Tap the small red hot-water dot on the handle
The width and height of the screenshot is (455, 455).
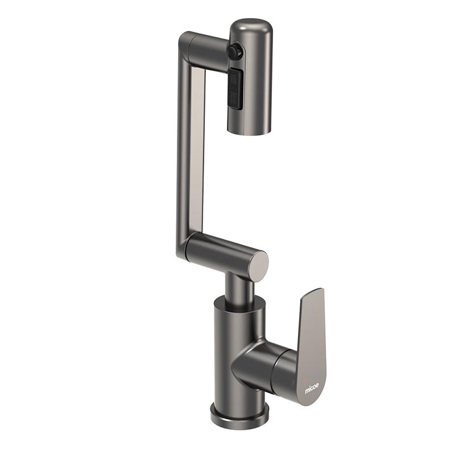pos(304,380)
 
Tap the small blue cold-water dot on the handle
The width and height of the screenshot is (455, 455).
pos(319,374)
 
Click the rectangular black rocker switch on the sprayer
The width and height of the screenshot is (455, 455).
pos(235,88)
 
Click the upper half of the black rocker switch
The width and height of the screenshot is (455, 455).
pos(235,78)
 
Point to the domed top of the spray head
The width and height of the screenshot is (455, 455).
pos(251,27)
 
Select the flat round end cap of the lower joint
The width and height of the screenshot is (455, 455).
pos(259,266)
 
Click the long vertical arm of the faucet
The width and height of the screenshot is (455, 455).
pos(190,151)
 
